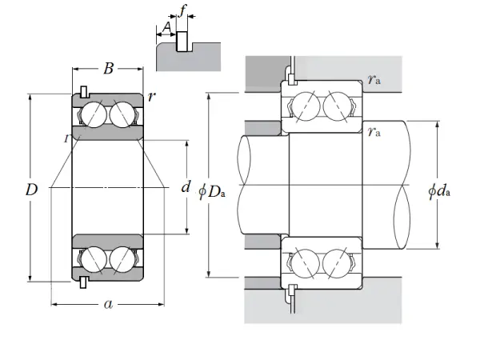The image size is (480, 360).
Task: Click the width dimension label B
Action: pos(108,69)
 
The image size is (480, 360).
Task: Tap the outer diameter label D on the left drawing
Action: pos(31,190)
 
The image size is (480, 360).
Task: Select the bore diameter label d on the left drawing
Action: pos(186,188)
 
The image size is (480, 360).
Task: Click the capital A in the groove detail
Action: pos(166,29)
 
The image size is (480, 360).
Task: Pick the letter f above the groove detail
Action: pos(182,11)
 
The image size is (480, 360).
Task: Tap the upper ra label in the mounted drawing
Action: pos(374,79)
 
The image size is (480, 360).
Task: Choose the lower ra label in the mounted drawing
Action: pos(374,133)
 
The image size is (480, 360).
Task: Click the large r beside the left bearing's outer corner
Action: pos(151,97)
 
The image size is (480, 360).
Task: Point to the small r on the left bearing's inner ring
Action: pos(66,138)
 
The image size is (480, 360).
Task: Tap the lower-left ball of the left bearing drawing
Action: pos(92,260)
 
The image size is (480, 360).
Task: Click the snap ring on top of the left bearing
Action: pos(84,90)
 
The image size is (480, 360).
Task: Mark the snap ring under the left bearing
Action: pos(84,282)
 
